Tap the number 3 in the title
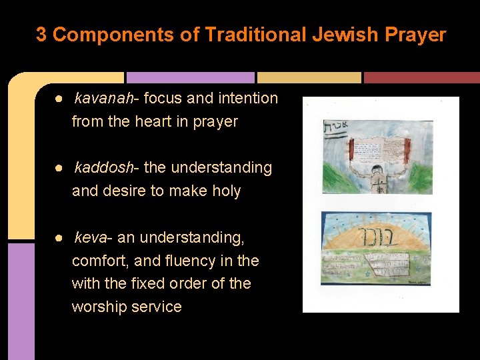click(41, 35)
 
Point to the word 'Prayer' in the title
click(417, 35)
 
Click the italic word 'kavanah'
click(103, 99)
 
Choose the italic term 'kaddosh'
click(103, 168)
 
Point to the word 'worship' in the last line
click(99, 307)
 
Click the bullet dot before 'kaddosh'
click(59, 168)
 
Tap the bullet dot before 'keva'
click(59, 237)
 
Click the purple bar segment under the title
click(190, 77)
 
